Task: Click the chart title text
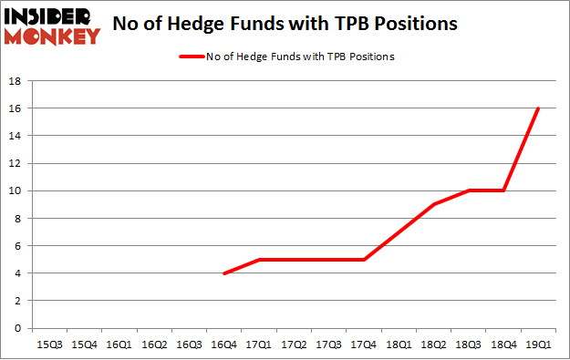tap(285, 25)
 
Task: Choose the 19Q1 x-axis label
tap(538, 345)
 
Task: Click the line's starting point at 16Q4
tap(223, 273)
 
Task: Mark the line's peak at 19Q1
tap(539, 108)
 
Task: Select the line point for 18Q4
tap(504, 190)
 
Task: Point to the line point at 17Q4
tap(365, 260)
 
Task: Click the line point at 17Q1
tap(260, 260)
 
